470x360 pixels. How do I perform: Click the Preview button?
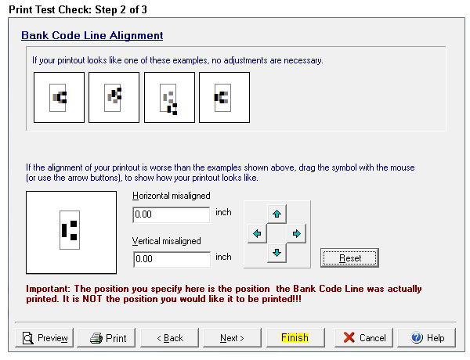tap(44, 337)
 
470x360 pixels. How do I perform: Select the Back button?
tap(170, 337)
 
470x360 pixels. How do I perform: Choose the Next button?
tap(233, 337)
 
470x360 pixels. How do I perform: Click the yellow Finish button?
tap(295, 337)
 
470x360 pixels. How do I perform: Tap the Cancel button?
tap(364, 337)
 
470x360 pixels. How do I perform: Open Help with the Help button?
tap(427, 337)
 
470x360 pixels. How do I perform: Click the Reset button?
tap(349, 258)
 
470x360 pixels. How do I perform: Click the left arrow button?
tap(257, 233)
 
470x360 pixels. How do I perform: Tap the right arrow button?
tap(296, 233)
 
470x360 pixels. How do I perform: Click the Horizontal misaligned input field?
tap(171, 214)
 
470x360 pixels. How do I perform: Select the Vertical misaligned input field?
tap(172, 259)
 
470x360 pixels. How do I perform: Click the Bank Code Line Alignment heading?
tap(92, 35)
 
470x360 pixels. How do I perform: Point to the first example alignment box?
tap(59, 97)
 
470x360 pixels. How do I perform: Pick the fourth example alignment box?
tap(225, 97)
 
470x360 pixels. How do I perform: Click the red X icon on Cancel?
tap(349, 337)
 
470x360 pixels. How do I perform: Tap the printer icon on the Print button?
tap(96, 338)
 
